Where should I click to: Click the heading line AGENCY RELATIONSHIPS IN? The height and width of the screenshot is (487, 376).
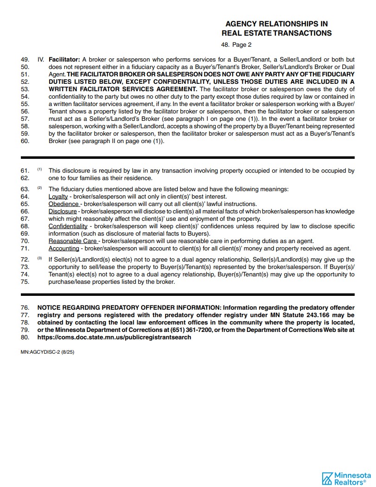pos(276,24)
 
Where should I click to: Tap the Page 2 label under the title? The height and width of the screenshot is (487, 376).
pos(242,45)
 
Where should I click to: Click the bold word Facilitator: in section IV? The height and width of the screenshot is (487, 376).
pos(64,60)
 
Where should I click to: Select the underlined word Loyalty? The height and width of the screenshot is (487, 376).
pos(58,197)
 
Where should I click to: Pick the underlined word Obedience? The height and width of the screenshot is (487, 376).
pos(64,204)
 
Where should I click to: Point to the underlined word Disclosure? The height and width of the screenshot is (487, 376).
pos(63,212)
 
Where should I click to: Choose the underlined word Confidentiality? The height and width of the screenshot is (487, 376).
pos(68,226)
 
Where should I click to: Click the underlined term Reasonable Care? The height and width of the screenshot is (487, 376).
pos(73,241)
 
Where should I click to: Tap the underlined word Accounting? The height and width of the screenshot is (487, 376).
pos(64,249)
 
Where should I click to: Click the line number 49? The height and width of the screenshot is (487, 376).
pos(25,60)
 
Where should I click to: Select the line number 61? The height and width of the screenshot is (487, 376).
pos(25,171)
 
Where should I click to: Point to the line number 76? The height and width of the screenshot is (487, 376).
pos(25,308)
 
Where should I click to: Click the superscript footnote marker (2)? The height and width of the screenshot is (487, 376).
pos(40,188)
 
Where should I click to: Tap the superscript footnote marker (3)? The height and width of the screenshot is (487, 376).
pos(40,258)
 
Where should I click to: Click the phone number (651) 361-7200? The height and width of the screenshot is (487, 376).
pos(190,330)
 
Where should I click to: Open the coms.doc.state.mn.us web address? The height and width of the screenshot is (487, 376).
pos(114,337)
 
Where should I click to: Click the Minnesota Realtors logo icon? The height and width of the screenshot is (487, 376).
pos(328,478)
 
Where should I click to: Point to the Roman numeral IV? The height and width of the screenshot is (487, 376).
pos(41,60)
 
